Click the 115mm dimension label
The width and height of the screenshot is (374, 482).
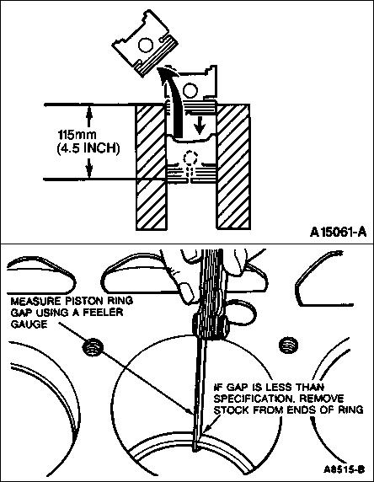tap(77, 135)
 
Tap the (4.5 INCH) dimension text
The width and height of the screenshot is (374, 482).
tap(88, 148)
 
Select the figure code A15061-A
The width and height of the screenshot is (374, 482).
tap(338, 232)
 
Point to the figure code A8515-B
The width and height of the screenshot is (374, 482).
tap(344, 469)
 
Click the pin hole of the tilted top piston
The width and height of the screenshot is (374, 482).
tap(146, 45)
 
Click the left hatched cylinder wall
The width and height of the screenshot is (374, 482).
tap(152, 167)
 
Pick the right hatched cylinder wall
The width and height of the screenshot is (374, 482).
tap(233, 167)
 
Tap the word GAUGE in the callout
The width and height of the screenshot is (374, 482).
tap(29, 324)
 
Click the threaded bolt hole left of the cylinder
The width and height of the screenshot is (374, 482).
tap(93, 347)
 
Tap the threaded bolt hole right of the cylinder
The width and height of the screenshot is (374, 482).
tap(288, 345)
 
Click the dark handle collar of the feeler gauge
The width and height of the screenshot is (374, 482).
tap(211, 326)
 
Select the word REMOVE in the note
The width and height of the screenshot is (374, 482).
tap(322, 399)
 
